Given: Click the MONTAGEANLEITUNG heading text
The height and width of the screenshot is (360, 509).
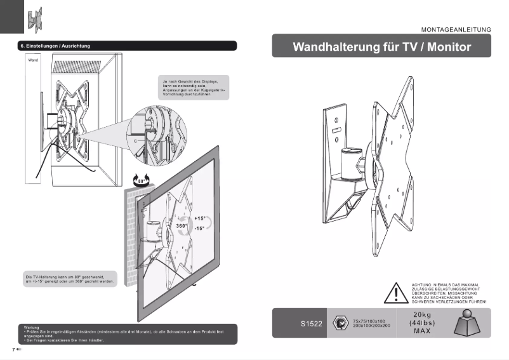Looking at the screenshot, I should point(456,29).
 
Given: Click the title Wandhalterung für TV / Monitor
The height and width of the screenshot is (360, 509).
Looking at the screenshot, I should point(381,47).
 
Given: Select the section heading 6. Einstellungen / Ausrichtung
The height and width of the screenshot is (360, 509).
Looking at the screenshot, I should point(55,46).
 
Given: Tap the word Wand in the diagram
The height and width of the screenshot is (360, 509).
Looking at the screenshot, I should point(33,60).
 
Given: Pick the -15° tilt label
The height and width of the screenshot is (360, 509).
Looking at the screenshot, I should point(199,228).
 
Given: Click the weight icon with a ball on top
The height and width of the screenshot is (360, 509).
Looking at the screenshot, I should point(472,323).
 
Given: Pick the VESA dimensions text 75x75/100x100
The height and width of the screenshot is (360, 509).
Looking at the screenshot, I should point(372,321).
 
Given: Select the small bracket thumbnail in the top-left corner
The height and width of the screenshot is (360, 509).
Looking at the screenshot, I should point(34,18).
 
